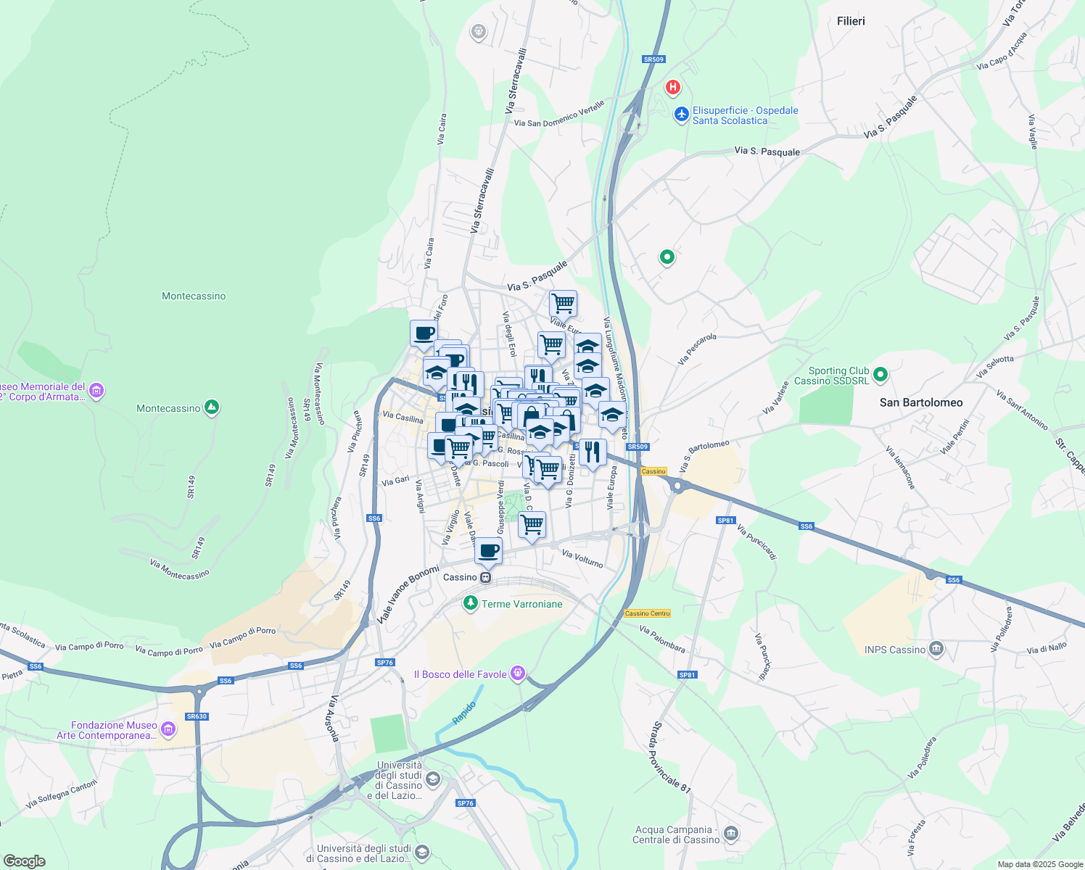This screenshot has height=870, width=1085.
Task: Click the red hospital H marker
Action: [673, 88]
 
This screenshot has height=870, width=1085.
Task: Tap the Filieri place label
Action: [851, 21]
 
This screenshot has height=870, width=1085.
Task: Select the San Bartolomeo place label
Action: [921, 402]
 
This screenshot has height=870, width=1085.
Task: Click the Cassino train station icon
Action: [485, 578]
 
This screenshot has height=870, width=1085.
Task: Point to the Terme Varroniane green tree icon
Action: [471, 603]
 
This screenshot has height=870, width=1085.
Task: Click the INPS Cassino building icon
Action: [936, 649]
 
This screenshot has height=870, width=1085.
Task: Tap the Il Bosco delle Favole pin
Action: [517, 674]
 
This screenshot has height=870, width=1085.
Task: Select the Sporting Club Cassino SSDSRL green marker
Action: [880, 375]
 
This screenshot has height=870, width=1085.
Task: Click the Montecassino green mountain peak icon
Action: [211, 407]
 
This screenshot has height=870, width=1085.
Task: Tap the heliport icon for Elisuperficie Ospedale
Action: [681, 115]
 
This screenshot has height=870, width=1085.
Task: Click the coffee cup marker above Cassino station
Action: [489, 550]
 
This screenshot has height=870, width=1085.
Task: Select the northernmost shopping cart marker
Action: [563, 303]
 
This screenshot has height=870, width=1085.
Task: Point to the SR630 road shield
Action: [197, 716]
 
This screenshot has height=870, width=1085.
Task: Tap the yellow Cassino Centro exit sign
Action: [647, 613]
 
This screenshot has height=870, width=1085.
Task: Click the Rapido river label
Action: [464, 712]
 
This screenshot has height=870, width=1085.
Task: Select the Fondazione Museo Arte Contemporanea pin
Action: [168, 729]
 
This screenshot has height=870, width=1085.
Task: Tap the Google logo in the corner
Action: [24, 861]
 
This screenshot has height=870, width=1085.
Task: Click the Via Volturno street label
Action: [582, 558]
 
